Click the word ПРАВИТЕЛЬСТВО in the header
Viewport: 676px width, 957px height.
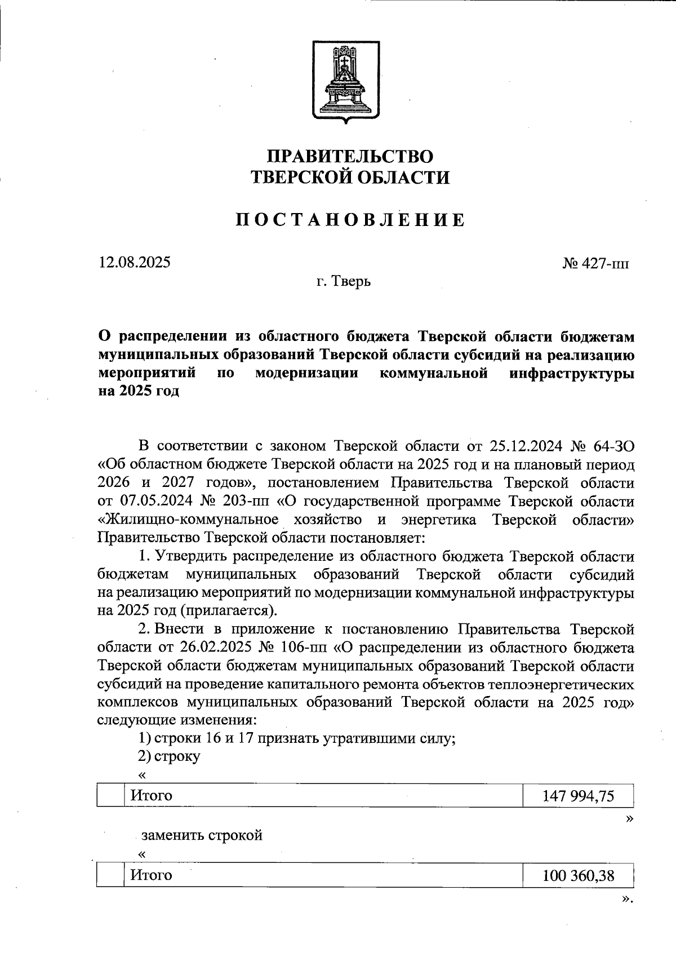point(350,156)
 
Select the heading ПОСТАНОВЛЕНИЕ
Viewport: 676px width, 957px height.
point(350,220)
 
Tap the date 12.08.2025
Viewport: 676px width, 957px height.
point(135,262)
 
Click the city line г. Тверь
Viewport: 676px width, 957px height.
point(343,281)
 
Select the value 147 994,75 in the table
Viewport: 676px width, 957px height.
point(578,796)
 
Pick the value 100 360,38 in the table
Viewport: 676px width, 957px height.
point(578,875)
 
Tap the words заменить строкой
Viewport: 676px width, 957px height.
point(202,835)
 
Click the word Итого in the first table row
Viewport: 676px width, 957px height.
point(151,796)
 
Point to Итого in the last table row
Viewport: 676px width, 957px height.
point(151,875)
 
